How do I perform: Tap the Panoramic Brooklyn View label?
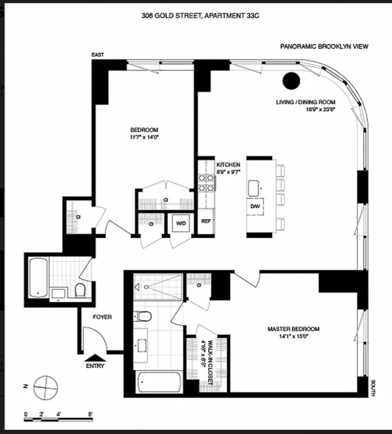pyautogui.click(x=324, y=47)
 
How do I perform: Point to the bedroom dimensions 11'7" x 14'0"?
pyautogui.click(x=142, y=138)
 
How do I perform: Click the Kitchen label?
pyautogui.click(x=228, y=165)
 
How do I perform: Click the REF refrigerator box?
pyautogui.click(x=206, y=221)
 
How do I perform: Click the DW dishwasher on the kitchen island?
pyautogui.click(x=255, y=207)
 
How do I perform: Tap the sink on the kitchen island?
pyautogui.click(x=254, y=187)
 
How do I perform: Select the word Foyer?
pyautogui.click(x=102, y=317)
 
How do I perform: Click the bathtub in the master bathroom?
pyautogui.click(x=159, y=382)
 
